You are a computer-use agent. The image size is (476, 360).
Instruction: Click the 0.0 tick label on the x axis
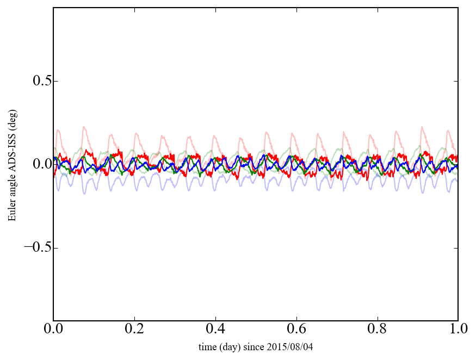pos(53,330)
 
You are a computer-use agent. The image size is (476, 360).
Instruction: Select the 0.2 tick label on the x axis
pos(134,330)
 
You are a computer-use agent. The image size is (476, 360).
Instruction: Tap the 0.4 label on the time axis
pos(215,330)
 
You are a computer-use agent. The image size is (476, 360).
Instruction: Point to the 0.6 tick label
pos(296,330)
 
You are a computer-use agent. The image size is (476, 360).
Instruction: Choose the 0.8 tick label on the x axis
pos(377,330)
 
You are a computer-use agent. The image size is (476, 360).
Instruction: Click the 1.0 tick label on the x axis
pos(458,330)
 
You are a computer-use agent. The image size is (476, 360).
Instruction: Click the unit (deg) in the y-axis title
pos(11,133)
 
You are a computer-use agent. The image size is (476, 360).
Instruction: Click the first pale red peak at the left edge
pos(58,130)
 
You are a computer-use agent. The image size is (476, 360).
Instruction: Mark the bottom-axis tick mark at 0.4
pos(215,319)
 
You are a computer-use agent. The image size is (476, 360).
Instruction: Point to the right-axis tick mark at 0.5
pos(456,81)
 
